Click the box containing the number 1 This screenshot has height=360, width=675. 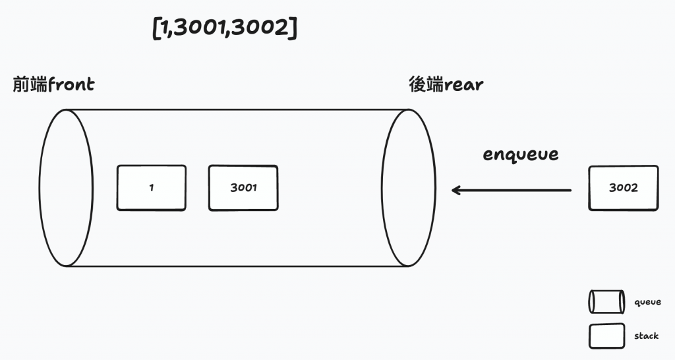point(152,188)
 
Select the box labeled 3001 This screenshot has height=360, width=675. point(243,188)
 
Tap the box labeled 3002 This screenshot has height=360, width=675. point(623,188)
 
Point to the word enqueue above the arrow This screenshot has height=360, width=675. point(521,155)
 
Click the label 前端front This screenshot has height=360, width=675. point(53,85)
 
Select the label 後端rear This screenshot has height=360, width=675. point(446,85)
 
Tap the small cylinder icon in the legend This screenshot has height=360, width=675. point(606,302)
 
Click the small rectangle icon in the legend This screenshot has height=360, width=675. point(606,336)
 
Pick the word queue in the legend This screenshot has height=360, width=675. point(647,302)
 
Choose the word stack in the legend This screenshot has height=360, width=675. point(646,336)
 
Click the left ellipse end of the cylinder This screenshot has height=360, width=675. point(67,188)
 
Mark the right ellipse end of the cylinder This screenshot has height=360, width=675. point(409,188)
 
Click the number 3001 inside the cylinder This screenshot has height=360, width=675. point(243,188)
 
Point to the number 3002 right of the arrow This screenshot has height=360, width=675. point(623,188)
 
